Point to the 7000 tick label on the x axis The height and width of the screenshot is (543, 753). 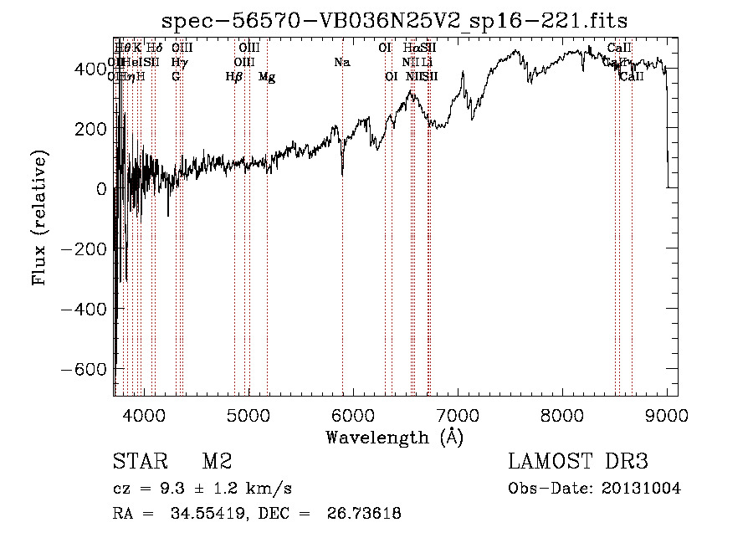(x=458, y=416)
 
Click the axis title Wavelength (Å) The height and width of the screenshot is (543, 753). (x=394, y=437)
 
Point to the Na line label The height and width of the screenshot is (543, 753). (x=341, y=63)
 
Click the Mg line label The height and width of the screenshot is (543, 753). (x=267, y=77)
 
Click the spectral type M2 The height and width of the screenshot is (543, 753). (x=216, y=462)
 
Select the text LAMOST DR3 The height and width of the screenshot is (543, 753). (x=577, y=462)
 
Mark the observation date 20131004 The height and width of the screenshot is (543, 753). (x=642, y=489)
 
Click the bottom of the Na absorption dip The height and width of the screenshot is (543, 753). (x=342, y=175)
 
